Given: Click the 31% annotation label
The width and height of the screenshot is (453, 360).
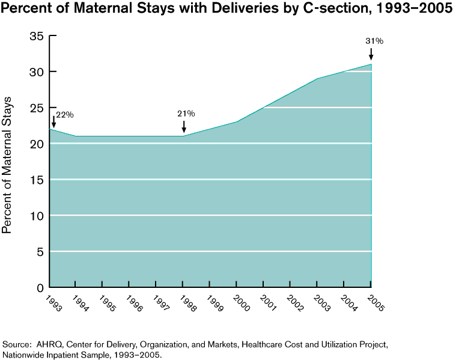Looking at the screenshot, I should click(374, 41).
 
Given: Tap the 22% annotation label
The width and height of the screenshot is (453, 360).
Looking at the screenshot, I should click(65, 115).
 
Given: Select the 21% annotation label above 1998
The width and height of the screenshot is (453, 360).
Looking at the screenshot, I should click(186, 113).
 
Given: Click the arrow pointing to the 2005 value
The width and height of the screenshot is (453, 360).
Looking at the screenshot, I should click(371, 54).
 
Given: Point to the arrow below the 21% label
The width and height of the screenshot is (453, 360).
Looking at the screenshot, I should click(184, 126).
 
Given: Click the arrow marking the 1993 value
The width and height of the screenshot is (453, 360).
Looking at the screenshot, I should click(53, 122).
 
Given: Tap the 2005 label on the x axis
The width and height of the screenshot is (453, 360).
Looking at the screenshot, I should click(376, 301).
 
